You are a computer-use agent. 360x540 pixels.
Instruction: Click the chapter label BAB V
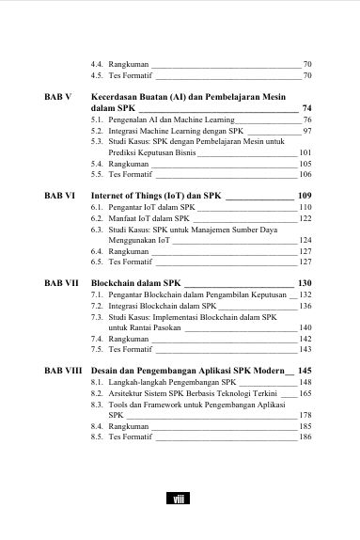[58, 97]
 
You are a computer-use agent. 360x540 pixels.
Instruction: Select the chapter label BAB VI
[60, 194]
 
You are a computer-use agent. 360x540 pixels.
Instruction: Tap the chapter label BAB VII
[62, 282]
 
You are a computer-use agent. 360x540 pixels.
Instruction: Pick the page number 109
[304, 194]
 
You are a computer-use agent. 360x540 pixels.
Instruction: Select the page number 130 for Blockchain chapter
[304, 282]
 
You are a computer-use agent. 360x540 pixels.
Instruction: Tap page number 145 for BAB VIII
[304, 370]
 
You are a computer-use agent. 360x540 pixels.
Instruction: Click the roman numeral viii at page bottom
[180, 499]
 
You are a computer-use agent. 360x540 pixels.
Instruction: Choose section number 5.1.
[97, 121]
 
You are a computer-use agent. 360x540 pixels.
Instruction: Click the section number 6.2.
[97, 218]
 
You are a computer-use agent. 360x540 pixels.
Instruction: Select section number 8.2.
[97, 395]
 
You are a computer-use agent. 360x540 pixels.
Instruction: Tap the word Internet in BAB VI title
[109, 194]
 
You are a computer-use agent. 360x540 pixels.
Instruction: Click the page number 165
[305, 395]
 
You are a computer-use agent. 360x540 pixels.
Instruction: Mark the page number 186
[305, 437]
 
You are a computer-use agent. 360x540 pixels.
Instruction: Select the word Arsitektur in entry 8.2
[129, 395]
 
